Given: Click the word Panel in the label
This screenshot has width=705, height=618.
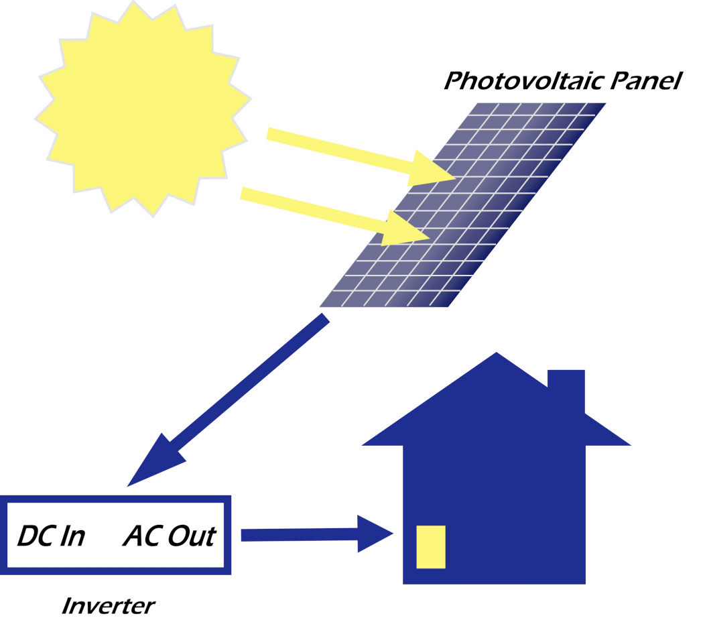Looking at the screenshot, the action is point(646,81).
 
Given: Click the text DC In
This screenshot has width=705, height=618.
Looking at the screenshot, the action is point(50,536).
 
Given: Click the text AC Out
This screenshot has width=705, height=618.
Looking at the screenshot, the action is point(169,536).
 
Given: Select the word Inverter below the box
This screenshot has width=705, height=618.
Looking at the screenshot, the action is point(107,606).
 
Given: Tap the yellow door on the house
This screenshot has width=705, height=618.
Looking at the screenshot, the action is point(431,547).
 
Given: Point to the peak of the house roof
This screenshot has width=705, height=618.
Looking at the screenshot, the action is point(496,355).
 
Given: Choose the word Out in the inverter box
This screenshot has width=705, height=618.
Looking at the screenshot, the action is point(191,536).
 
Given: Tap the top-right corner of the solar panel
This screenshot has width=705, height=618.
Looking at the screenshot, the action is point(603,105).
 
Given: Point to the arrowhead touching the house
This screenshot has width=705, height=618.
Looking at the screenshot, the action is point(379,534).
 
